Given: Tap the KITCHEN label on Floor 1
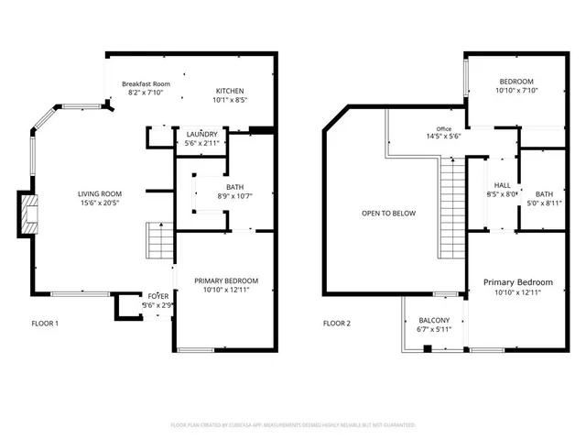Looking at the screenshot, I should [x=229, y=91].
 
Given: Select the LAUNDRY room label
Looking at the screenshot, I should [x=201, y=134].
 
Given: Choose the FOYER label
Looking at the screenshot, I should [x=158, y=296].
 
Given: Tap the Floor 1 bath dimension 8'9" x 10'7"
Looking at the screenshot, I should [x=208, y=195].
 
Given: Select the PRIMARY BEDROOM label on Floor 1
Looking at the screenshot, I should [x=225, y=280].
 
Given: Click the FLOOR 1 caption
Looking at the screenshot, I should [x=45, y=323].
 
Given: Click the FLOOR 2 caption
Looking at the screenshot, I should [x=336, y=323].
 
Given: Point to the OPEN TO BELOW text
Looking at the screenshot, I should [x=388, y=214].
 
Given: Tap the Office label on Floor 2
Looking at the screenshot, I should [x=444, y=129].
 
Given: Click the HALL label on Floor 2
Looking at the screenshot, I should [x=503, y=184].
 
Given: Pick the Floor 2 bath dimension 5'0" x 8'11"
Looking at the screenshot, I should [x=544, y=203].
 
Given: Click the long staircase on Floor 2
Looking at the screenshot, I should [x=451, y=207].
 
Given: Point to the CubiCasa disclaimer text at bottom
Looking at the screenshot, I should [x=293, y=425].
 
